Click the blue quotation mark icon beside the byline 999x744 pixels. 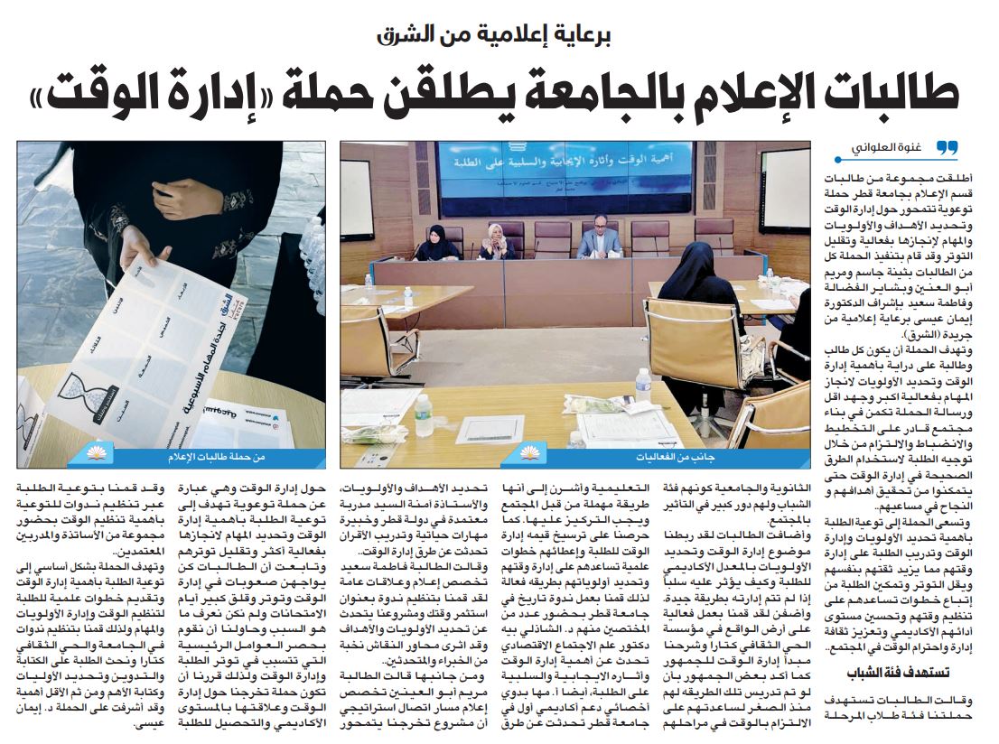946,147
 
